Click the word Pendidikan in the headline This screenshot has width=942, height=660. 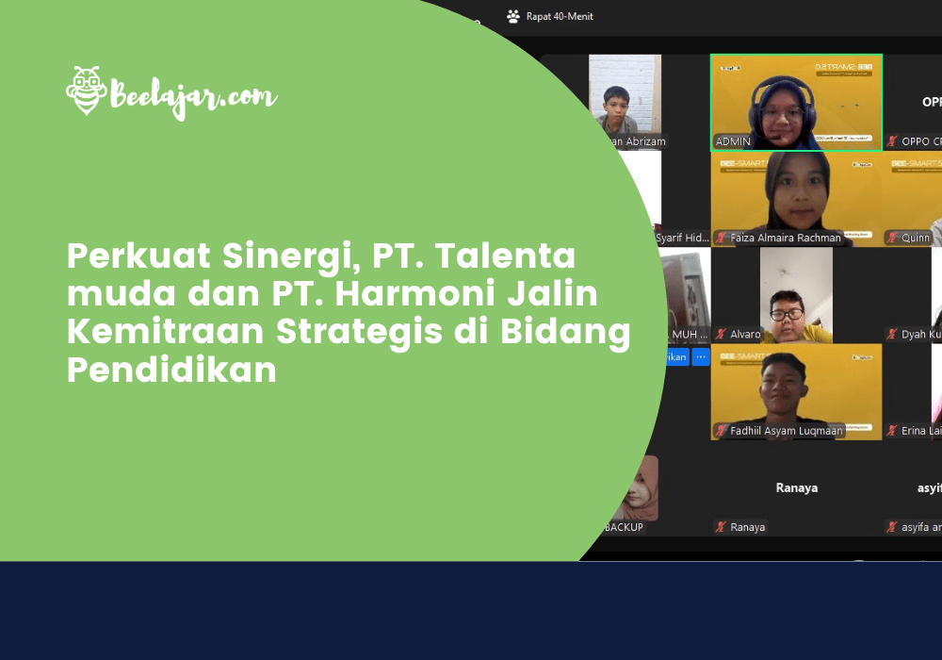click(171, 370)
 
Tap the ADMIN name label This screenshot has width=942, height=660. click(733, 141)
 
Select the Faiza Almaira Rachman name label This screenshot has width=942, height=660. click(786, 238)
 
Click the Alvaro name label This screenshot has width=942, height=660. click(745, 334)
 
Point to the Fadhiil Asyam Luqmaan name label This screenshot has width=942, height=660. click(786, 431)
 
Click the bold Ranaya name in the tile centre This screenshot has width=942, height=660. click(796, 487)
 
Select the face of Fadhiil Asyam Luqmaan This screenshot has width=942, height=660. click(785, 388)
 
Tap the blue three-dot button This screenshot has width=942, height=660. click(701, 356)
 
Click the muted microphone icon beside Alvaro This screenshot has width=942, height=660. click(721, 334)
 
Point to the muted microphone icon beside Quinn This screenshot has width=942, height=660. click(892, 238)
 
